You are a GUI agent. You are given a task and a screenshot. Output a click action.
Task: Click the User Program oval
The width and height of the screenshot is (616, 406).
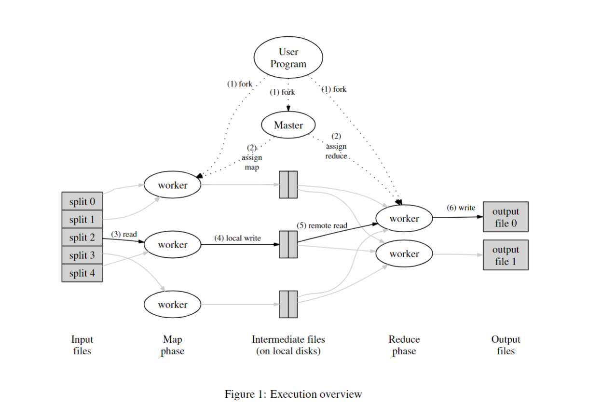tap(288, 58)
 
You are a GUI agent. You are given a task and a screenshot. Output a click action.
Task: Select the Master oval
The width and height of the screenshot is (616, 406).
tap(288, 125)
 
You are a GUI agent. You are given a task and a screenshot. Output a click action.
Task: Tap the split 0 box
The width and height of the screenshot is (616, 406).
tap(82, 201)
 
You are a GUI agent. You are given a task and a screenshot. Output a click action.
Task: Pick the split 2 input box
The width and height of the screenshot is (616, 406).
tap(82, 238)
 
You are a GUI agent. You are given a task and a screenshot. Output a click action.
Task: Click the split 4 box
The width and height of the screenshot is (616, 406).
tap(82, 273)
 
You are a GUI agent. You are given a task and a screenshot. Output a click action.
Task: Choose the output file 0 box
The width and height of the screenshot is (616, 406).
tap(506, 217)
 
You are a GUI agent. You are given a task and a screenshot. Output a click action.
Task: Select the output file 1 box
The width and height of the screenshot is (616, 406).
tap(506, 255)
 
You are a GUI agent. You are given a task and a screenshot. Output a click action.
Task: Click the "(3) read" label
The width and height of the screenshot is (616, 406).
tap(124, 234)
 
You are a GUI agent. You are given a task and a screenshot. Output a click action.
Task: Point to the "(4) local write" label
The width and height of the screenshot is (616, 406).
tap(237, 238)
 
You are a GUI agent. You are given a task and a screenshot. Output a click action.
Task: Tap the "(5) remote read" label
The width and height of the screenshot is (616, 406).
tap(322, 225)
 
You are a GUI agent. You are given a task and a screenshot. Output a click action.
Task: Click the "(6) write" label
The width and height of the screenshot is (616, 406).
tap(461, 208)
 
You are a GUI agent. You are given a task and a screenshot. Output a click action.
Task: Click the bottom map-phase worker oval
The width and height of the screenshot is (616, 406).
tap(172, 305)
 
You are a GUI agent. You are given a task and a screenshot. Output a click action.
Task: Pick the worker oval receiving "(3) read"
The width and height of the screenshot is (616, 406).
tap(172, 245)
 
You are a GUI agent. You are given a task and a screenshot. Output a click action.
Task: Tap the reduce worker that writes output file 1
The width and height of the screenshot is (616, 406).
tap(404, 254)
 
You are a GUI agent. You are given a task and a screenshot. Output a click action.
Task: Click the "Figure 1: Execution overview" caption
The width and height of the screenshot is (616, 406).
tap(293, 394)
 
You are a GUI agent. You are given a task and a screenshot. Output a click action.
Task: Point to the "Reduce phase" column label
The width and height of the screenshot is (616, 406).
tap(404, 345)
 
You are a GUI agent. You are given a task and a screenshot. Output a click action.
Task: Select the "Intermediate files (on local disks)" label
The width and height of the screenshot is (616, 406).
tap(288, 345)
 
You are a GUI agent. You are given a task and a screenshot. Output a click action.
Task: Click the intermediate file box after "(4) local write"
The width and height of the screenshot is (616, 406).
tap(288, 244)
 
